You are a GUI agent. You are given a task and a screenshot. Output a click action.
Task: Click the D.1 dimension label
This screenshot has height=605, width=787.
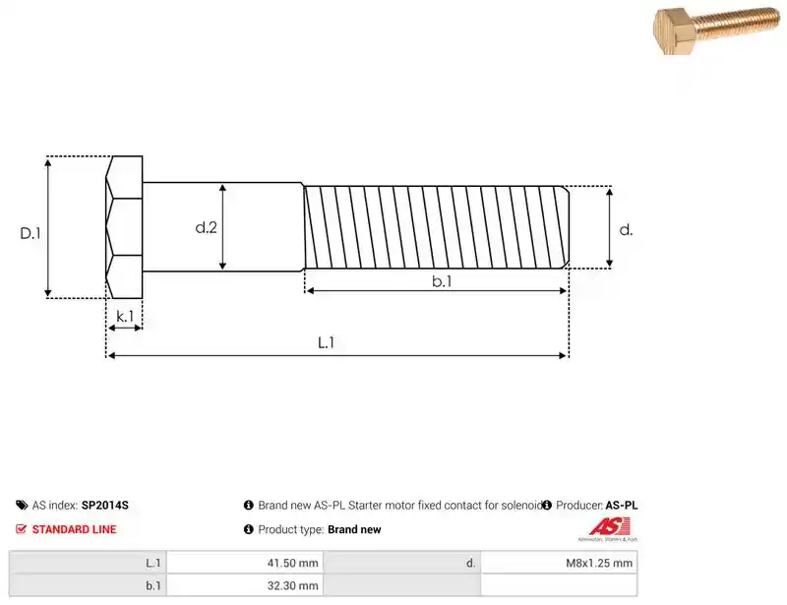tap(30, 233)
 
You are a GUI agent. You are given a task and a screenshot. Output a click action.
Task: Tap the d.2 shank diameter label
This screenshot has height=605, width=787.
tap(206, 227)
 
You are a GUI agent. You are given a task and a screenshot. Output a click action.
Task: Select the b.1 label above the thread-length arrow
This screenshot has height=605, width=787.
tap(442, 281)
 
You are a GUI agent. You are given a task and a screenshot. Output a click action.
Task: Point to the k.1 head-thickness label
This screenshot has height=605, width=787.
tap(125, 316)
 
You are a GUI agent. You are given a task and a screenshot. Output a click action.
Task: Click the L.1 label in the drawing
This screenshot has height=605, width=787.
tap(326, 342)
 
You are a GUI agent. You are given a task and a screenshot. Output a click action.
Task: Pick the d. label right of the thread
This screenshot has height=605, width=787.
tap(626, 230)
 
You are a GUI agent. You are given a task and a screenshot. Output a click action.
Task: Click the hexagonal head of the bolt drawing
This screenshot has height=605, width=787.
tap(124, 227)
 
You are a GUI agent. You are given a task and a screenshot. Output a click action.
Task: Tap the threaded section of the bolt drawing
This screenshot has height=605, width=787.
tap(437, 227)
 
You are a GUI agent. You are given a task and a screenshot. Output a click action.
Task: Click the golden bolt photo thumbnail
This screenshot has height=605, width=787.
tap(716, 30)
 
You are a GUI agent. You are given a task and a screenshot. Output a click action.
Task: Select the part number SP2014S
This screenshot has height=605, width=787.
tap(105, 505)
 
